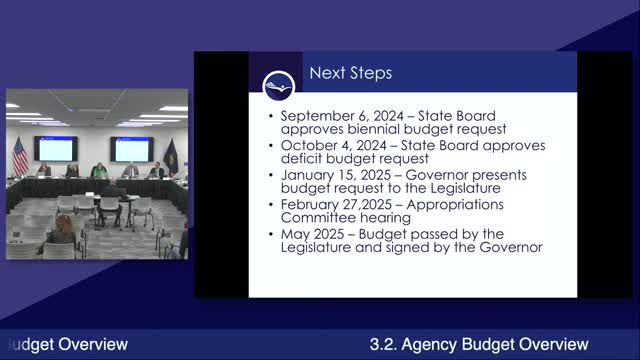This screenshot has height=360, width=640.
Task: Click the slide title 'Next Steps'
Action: click(350, 73)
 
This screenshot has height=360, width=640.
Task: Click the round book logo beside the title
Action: click(277, 84)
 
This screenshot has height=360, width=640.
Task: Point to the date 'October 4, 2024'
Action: click(326, 146)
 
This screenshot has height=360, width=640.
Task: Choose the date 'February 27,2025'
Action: click(332, 204)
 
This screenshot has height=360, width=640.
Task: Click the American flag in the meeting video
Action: click(20, 155)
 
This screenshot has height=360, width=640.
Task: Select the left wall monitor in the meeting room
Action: click(56, 148)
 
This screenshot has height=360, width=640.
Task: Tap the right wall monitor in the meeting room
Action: click(133, 148)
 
